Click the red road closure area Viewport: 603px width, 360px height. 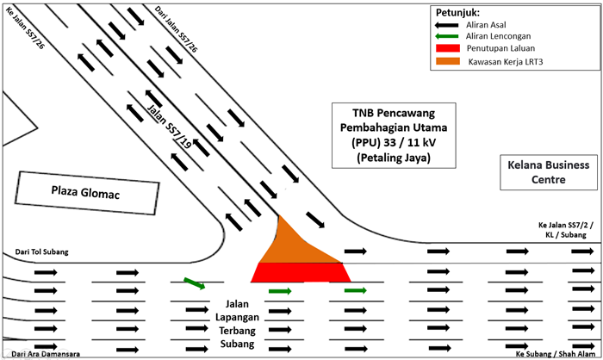pyautogui.click(x=300, y=272)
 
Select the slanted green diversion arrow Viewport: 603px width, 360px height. pyautogui.click(x=195, y=283)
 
